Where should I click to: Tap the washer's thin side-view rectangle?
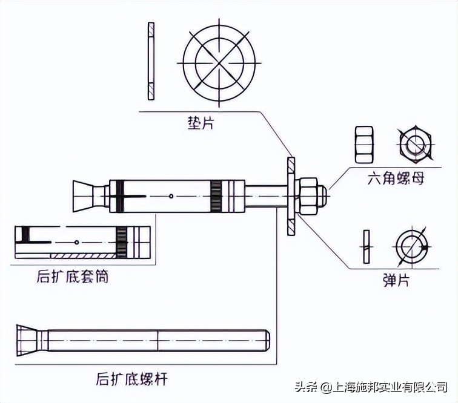pyautogui.click(x=151, y=61)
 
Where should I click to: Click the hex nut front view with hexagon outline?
pyautogui.click(x=415, y=145)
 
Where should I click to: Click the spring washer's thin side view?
pyautogui.click(x=365, y=247)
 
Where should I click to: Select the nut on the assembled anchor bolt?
pyautogui.click(x=310, y=195)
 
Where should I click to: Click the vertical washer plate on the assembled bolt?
pyautogui.click(x=290, y=195)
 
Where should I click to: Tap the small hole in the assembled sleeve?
pyautogui.click(x=173, y=195)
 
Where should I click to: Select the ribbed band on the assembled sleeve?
pyautogui.click(x=216, y=195)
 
